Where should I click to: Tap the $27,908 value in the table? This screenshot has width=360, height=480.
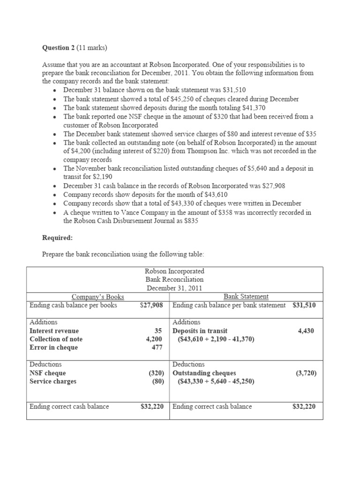pyautogui.click(x=151, y=305)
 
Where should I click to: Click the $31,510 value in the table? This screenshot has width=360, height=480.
pyautogui.click(x=304, y=305)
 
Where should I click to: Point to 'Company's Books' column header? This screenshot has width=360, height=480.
pyautogui.click(x=97, y=297)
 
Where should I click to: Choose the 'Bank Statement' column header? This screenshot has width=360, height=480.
pyautogui.click(x=246, y=297)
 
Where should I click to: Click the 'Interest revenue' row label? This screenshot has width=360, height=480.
pyautogui.click(x=54, y=331)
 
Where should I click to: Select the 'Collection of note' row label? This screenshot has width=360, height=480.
pyautogui.click(x=56, y=339)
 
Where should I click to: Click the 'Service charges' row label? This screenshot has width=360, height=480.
pyautogui.click(x=52, y=382)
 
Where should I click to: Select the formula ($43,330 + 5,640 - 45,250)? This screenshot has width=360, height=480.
pyautogui.click(x=216, y=382)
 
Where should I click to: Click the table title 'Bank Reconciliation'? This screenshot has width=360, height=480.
pyautogui.click(x=174, y=280)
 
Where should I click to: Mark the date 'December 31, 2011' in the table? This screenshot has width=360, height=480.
pyautogui.click(x=174, y=288)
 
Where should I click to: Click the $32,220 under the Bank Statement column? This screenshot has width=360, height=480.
pyautogui.click(x=304, y=407)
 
